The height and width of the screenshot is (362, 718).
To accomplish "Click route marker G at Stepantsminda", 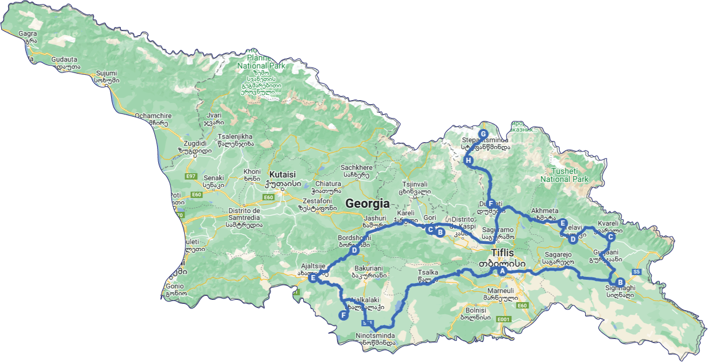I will (x=483, y=134).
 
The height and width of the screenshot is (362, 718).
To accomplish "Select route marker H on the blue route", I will (x=468, y=161).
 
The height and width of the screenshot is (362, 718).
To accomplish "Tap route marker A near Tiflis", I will (x=502, y=270).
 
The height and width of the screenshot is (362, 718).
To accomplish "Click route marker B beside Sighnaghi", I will (x=620, y=282).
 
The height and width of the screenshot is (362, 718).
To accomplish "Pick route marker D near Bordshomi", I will (x=354, y=250).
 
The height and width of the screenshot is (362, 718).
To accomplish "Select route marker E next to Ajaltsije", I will (x=313, y=278).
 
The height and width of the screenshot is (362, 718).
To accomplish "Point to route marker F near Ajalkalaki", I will (x=343, y=315).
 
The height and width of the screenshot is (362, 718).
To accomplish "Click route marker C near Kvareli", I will (x=611, y=237).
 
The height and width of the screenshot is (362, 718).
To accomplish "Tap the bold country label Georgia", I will (x=366, y=203).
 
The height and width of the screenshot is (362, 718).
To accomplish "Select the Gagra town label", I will (x=28, y=33).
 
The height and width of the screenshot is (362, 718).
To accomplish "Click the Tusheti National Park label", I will (x=564, y=175).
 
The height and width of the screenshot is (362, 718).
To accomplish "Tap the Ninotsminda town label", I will (x=375, y=336).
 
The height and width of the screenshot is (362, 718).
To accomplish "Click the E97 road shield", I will (x=190, y=176).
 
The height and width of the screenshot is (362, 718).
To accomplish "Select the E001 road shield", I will (x=504, y=319).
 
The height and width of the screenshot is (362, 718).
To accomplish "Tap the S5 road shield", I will (x=636, y=272).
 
